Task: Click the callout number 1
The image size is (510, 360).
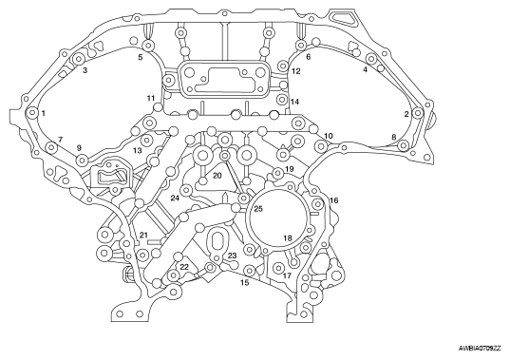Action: [44, 113]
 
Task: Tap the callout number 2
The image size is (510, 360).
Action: [406, 114]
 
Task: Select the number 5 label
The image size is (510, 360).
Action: [141, 57]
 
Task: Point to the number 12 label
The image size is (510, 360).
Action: [296, 71]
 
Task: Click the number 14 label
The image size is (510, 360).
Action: [294, 102]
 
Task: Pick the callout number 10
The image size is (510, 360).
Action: [329, 136]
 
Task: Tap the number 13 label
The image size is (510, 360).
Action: [138, 151]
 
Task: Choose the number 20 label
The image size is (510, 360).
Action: [217, 176]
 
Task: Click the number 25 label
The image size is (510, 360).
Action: [258, 209]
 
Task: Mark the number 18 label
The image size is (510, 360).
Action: [288, 238]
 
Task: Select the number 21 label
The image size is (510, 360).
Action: [143, 235]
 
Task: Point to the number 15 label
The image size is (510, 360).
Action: [245, 283]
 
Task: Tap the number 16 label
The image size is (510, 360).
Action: [334, 200]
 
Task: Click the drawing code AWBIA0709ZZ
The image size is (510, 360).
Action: [480, 349]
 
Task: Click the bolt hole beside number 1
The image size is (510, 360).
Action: [32, 113]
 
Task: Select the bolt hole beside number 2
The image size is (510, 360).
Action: [418, 113]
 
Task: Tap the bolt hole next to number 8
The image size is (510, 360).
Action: [403, 145]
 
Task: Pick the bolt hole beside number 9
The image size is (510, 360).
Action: [82, 160]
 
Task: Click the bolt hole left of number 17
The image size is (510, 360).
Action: [278, 268]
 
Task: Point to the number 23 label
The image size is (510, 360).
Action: [232, 256]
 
